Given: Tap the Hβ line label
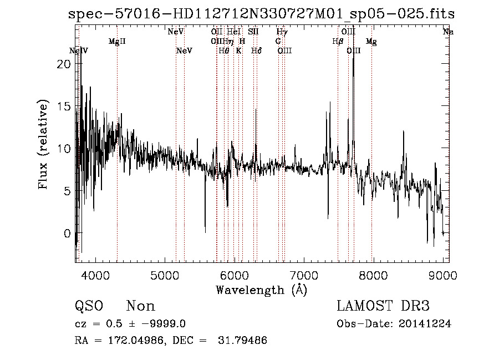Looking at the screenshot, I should click(338, 41).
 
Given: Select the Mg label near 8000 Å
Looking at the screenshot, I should click(371, 41).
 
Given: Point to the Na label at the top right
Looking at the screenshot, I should click(448, 32).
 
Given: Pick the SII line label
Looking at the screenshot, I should click(253, 32).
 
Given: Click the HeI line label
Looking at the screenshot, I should click(234, 32).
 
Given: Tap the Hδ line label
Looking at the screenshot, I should click(256, 50).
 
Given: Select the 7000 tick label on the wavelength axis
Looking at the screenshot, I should click(304, 276).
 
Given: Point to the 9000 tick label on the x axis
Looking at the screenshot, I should click(442, 276).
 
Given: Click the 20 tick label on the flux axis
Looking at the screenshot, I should click(64, 64).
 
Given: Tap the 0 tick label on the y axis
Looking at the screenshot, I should click(68, 233).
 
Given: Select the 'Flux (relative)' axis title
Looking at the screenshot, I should click(43, 144).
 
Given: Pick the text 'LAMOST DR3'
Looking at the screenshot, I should click(383, 306).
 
